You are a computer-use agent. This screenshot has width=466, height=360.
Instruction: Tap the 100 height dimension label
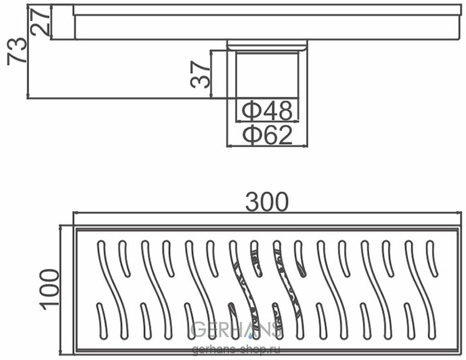(49, 289)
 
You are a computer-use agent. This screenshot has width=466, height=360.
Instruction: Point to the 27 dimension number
(40, 22)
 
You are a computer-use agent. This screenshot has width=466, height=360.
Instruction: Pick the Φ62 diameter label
(267, 136)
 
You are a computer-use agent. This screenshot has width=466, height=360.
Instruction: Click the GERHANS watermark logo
(237, 329)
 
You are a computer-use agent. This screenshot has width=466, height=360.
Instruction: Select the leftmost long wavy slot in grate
(113, 289)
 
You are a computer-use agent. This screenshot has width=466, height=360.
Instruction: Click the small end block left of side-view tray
(62, 22)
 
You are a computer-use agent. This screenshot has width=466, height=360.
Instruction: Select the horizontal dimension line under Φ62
(267, 146)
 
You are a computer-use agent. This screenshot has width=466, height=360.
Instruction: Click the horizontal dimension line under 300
(267, 213)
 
